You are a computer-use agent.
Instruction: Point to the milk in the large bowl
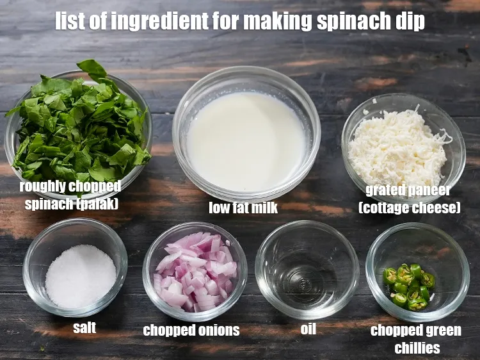pos(246,141)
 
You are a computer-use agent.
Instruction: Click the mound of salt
pos(80,275)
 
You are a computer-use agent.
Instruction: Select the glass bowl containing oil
pos(307,269)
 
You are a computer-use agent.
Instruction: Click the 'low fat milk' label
pos(243,207)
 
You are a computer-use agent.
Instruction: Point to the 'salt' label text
pos(84,328)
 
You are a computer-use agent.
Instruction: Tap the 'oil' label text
pos(308,329)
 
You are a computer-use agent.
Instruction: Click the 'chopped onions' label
pos(191,331)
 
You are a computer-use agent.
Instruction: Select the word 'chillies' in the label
pos(417,348)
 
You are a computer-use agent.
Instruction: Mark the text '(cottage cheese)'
pos(409,208)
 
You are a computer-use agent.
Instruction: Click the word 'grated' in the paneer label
pos(385,190)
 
